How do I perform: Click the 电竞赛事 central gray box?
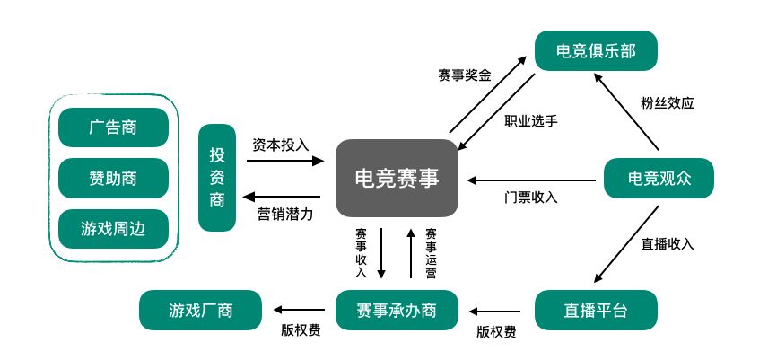[x=397, y=178]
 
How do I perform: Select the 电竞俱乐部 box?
[x=596, y=51]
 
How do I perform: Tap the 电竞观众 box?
[x=659, y=178]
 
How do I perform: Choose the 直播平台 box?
[x=596, y=312]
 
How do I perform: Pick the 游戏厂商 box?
[x=200, y=312]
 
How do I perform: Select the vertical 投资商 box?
[x=217, y=178]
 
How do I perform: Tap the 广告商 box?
[x=113, y=127]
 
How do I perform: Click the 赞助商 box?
[x=113, y=178]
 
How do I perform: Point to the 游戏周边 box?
[x=113, y=229]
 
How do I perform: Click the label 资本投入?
[x=280, y=144]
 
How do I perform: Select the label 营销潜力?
[x=282, y=214]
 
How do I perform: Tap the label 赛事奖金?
[x=464, y=75]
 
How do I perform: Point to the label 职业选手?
[x=531, y=119]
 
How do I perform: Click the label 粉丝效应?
[x=668, y=102]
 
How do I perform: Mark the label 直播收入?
[x=668, y=243]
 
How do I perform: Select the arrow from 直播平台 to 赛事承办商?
[x=496, y=311]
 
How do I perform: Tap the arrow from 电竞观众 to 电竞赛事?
[x=530, y=179]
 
